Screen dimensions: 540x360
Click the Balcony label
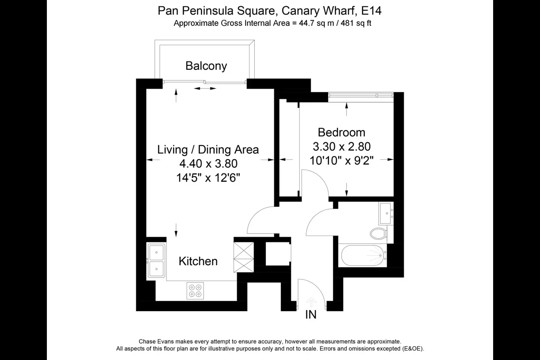(x=206, y=66)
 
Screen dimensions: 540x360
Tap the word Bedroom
(x=341, y=132)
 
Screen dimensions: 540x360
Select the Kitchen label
(x=198, y=261)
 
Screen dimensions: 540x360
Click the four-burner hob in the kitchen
(x=195, y=291)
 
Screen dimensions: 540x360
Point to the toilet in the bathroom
(x=378, y=233)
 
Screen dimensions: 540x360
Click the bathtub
(x=363, y=256)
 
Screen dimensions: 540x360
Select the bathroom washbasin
(x=386, y=214)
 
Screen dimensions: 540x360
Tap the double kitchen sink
(x=156, y=260)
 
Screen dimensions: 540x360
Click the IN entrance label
(x=311, y=314)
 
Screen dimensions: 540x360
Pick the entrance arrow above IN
(x=311, y=302)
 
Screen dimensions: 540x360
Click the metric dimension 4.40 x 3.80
(x=208, y=163)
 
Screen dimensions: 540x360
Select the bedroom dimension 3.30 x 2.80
(x=342, y=146)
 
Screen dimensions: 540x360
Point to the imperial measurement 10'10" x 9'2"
(x=341, y=160)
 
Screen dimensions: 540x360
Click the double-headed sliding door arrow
(x=205, y=88)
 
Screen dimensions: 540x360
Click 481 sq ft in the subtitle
(x=356, y=23)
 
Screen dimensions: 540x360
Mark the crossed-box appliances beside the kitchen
(x=244, y=257)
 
